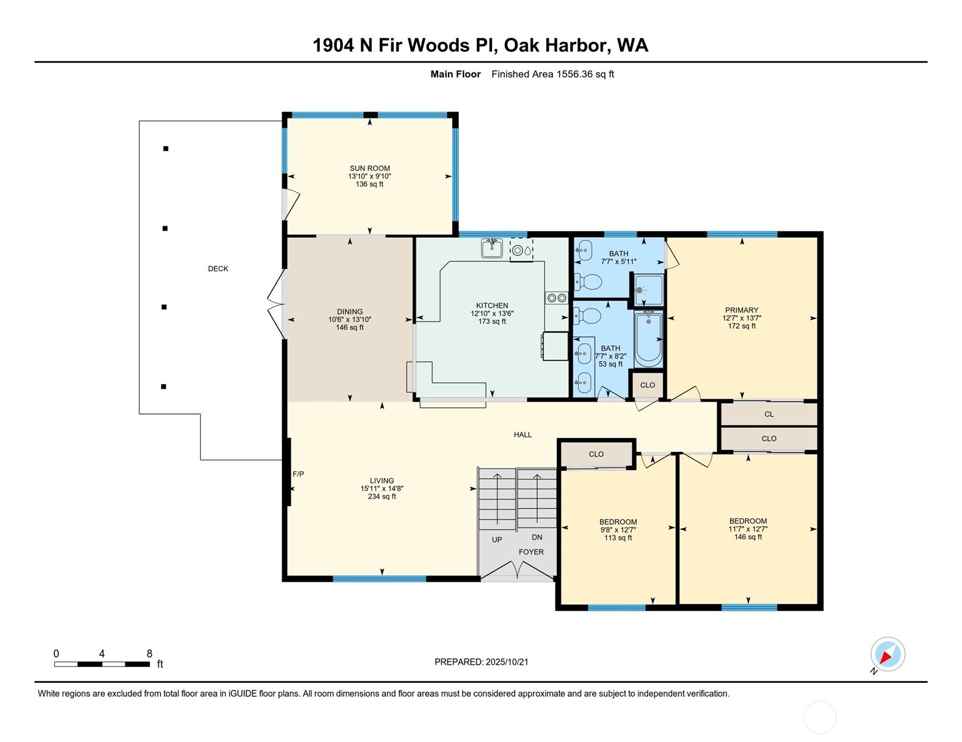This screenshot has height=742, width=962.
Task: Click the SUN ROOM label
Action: click(x=369, y=168)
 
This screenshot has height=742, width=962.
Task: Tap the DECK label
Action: click(x=218, y=269)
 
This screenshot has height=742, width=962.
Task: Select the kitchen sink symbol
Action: click(x=491, y=248)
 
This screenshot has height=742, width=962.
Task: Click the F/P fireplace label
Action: click(x=298, y=474)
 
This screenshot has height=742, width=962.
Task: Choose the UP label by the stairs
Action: click(x=497, y=540)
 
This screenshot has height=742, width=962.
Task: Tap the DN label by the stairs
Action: click(x=537, y=537)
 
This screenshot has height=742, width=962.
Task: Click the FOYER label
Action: click(x=531, y=552)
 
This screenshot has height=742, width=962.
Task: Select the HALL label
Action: click(x=523, y=435)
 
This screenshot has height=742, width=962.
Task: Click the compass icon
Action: click(x=888, y=655)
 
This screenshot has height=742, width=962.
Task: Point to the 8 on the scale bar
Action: click(x=150, y=654)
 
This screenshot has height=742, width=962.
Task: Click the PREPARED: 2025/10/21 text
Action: click(x=481, y=662)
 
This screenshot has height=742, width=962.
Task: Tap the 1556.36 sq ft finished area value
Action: click(x=584, y=74)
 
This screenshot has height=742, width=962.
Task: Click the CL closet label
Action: click(x=769, y=414)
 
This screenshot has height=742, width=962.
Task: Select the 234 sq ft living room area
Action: click(x=382, y=496)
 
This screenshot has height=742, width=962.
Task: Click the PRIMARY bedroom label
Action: click(x=742, y=310)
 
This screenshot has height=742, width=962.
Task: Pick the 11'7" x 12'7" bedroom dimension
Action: click(x=748, y=529)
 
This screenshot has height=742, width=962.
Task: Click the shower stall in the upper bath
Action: click(x=648, y=290)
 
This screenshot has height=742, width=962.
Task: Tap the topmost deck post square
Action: click(x=165, y=149)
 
